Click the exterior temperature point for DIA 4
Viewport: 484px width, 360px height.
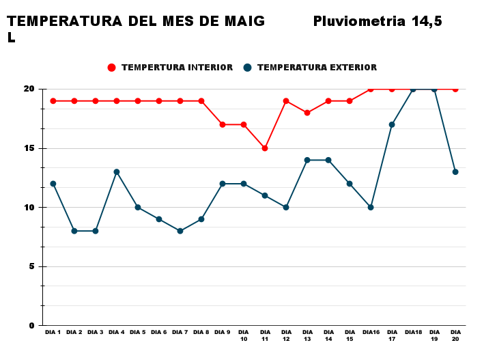coord(117,172)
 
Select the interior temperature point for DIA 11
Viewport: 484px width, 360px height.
coord(265,148)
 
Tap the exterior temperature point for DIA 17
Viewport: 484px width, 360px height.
coord(392,124)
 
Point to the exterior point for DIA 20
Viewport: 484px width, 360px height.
coord(455,172)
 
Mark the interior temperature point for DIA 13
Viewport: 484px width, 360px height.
coord(307,113)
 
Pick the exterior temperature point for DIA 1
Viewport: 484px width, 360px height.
coord(53,184)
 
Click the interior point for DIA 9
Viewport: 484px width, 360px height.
coord(223,124)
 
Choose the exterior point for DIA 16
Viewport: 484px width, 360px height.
coord(371,207)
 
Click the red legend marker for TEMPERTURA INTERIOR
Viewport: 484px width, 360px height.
coord(112,68)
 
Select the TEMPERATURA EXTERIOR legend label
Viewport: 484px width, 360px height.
coord(317,68)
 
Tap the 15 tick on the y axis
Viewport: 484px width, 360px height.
coord(30,148)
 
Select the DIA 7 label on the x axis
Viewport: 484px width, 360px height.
coord(180,333)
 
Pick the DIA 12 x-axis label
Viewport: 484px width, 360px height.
coord(286,335)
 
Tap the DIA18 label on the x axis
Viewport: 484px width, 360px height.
coord(413,333)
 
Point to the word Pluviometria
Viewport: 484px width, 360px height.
coord(359,21)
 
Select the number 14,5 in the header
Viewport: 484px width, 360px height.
coord(427,21)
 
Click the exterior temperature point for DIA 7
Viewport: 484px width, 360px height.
coord(180,231)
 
